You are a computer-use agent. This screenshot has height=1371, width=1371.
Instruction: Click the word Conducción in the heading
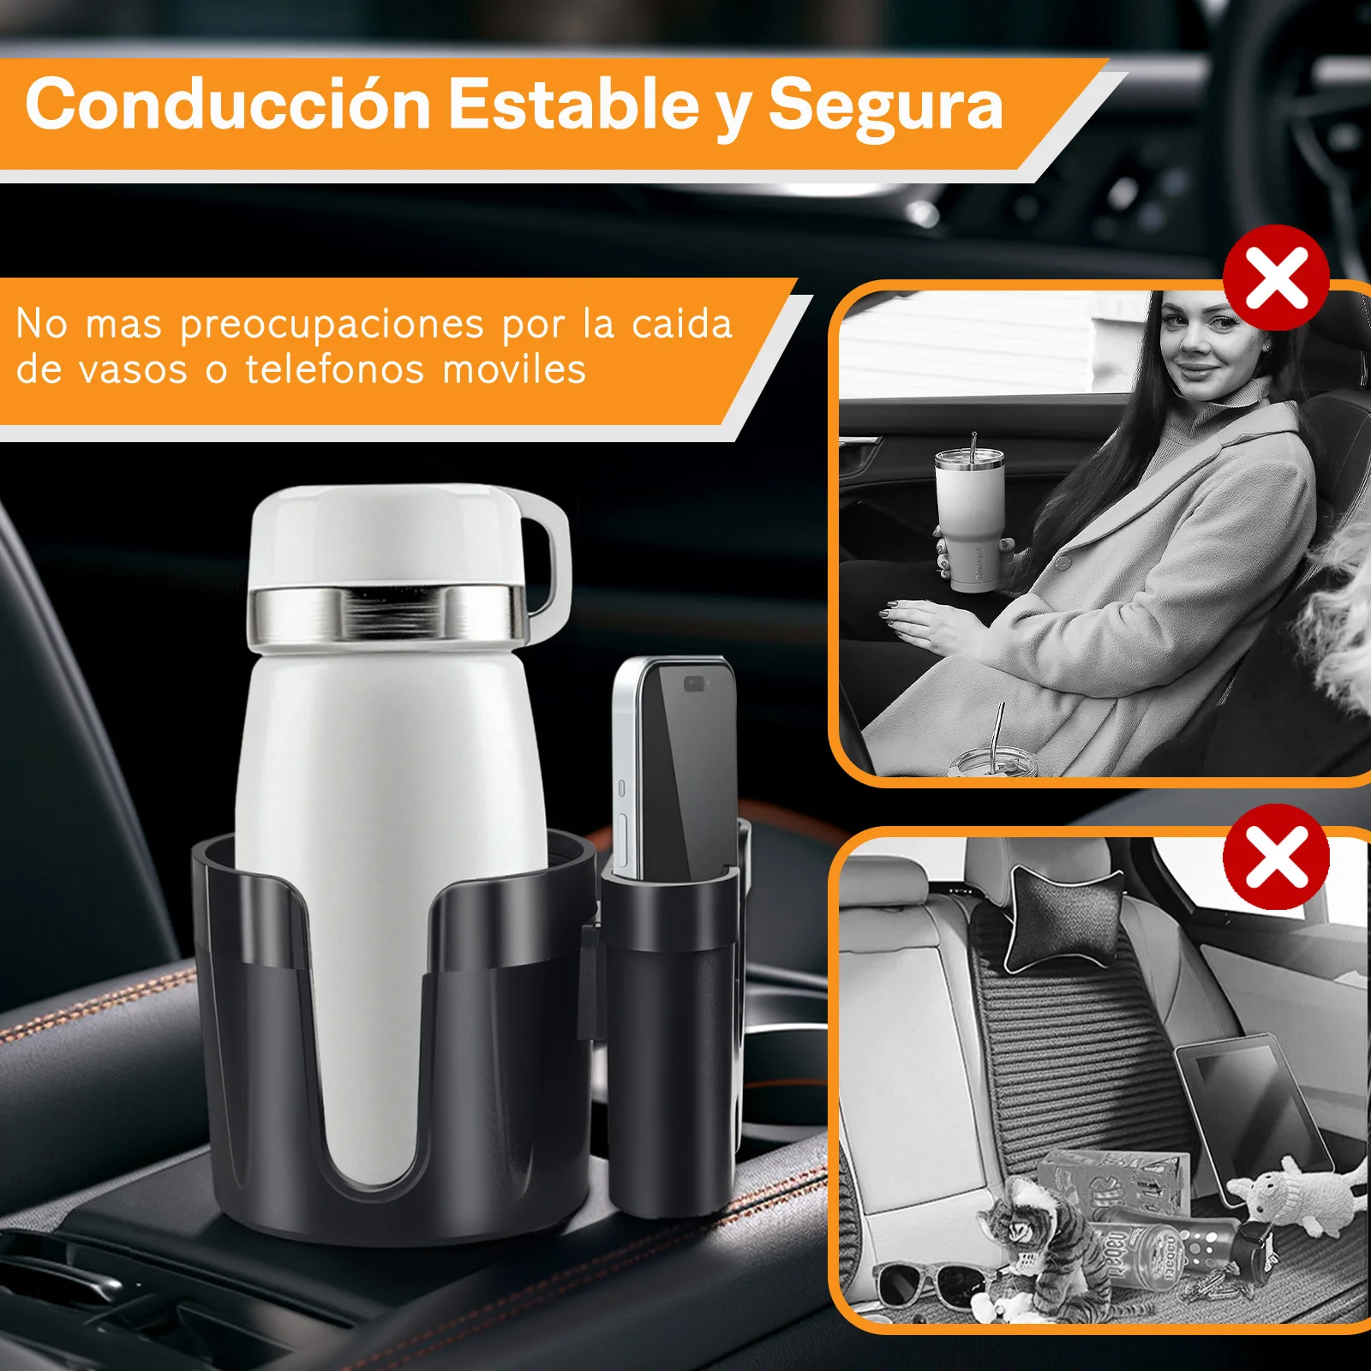point(228,105)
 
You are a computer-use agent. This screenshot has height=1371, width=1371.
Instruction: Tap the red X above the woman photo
point(1276,278)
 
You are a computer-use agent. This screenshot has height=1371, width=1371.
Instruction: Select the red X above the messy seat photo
point(1276,857)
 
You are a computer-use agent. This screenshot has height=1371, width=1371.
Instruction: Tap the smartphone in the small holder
point(675,767)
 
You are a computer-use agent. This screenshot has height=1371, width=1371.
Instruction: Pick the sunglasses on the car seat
point(925,1286)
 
